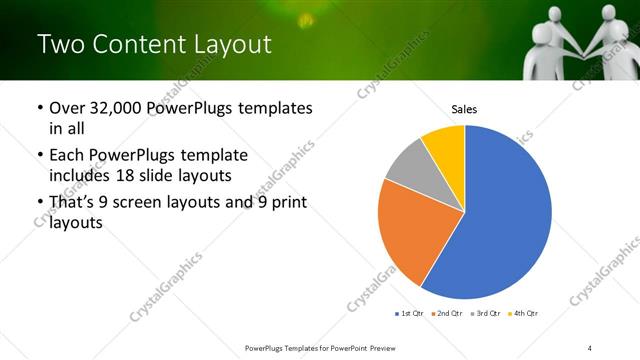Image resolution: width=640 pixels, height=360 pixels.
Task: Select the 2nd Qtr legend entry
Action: [x=449, y=314]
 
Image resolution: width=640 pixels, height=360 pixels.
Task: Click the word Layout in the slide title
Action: [x=230, y=45]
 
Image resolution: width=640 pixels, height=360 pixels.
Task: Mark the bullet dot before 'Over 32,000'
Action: [x=39, y=108]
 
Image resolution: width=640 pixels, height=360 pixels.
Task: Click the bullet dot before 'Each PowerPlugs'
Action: [x=39, y=156]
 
